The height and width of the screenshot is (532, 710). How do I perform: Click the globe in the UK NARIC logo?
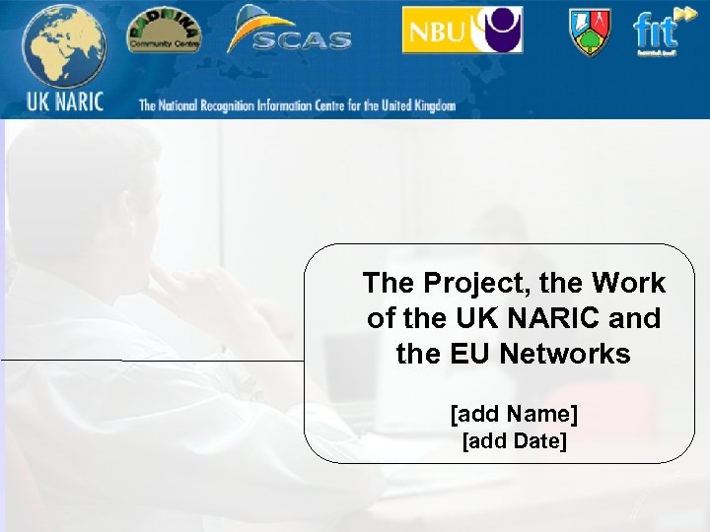coord(61,46)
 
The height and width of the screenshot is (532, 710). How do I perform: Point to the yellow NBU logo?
coord(434,31)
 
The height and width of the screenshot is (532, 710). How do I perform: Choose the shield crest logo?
coord(589,32)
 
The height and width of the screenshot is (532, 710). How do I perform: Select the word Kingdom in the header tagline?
coord(435,105)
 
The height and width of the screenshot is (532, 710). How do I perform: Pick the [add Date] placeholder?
coord(514,441)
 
